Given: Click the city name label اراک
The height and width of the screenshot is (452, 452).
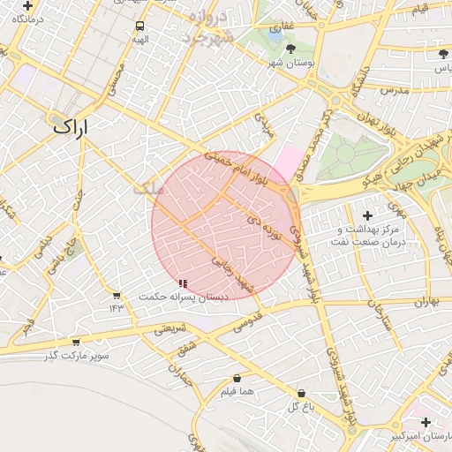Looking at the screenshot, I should point(71,126).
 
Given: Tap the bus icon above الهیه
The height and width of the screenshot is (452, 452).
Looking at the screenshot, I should point(139,26).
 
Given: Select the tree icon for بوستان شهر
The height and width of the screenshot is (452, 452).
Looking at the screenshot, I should point(291,49).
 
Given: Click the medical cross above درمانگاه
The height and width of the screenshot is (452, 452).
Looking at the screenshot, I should point(28,5).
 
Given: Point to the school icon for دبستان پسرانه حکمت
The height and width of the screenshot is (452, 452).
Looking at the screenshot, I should point(183,283).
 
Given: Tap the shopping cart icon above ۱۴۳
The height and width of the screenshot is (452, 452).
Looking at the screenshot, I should point(117,295).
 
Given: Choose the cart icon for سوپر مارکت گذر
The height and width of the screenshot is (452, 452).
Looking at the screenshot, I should point(75,342).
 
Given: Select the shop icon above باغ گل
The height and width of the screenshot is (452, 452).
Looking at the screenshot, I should point(301,393).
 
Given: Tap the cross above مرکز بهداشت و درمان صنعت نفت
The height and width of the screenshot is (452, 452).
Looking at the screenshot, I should point(367,215).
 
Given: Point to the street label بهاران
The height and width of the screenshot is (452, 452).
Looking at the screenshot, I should point(425,302).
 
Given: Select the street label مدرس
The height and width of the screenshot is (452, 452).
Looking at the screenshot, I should point(392,91).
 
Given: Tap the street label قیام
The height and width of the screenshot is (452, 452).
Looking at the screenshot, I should point(418,9).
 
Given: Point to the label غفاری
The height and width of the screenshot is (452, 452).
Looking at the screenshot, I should point(288,26).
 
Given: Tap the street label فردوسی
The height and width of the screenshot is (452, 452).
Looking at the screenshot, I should point(247,320).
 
